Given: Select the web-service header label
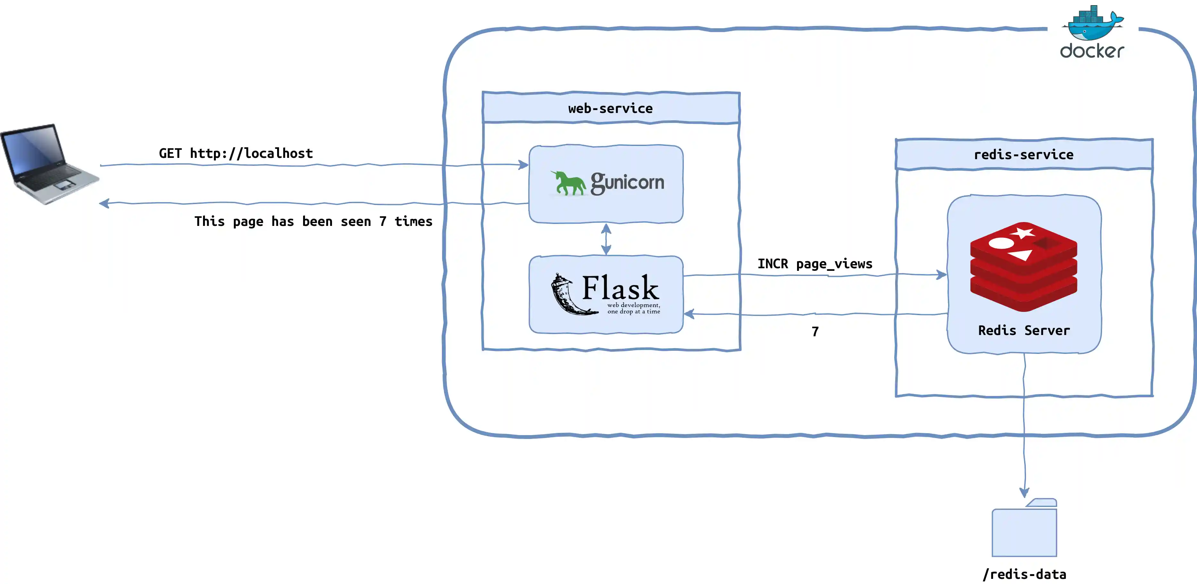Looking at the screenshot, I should click(610, 108).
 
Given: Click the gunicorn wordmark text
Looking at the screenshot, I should click(627, 182).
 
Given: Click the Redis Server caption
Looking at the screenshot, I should click(1024, 330).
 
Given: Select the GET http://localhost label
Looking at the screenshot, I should click(236, 153).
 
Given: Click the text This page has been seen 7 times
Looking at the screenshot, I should click(313, 221).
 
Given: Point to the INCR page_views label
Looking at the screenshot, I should click(815, 264).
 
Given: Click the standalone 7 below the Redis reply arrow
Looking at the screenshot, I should click(815, 331).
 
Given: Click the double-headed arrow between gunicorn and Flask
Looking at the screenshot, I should click(606, 239).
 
